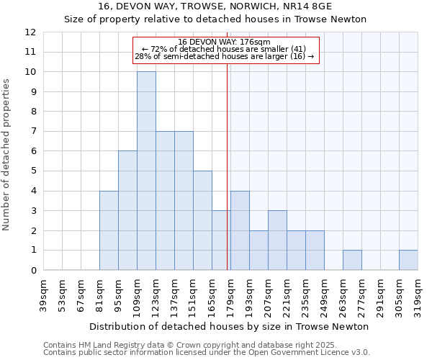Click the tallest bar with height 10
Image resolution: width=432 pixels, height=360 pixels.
pyautogui.click(x=146, y=171)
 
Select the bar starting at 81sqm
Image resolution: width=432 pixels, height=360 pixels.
pyautogui.click(x=109, y=230)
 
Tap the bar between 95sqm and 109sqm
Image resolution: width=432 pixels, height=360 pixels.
pyautogui.click(x=127, y=210)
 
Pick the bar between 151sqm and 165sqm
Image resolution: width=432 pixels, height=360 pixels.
pyautogui.click(x=202, y=220)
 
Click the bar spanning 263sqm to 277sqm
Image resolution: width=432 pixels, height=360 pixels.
pyautogui.click(x=352, y=260)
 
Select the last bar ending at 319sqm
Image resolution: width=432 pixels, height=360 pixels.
pyautogui.click(x=408, y=260)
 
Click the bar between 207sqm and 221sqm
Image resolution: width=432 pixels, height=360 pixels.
pyautogui.click(x=277, y=240)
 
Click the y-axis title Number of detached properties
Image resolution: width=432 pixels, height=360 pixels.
pyautogui.click(x=7, y=155)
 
